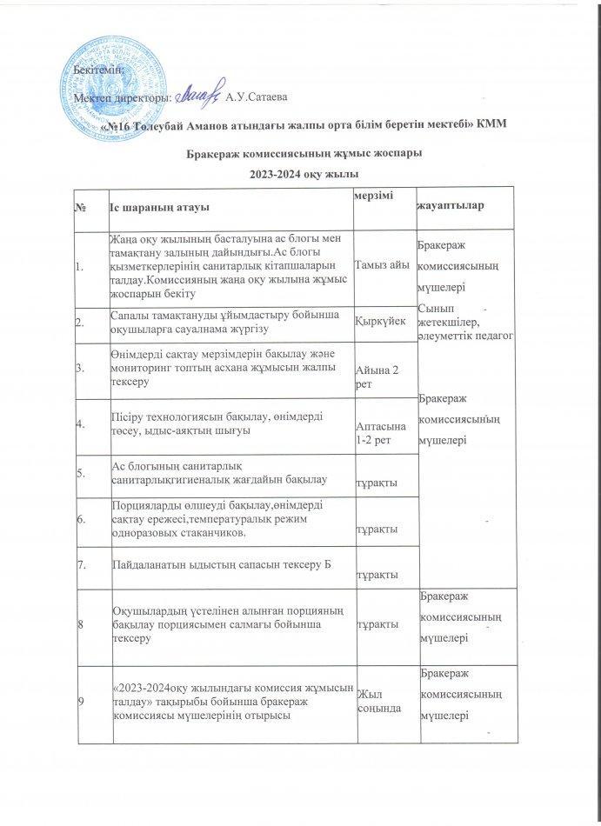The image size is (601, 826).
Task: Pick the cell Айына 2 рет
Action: (379, 377)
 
